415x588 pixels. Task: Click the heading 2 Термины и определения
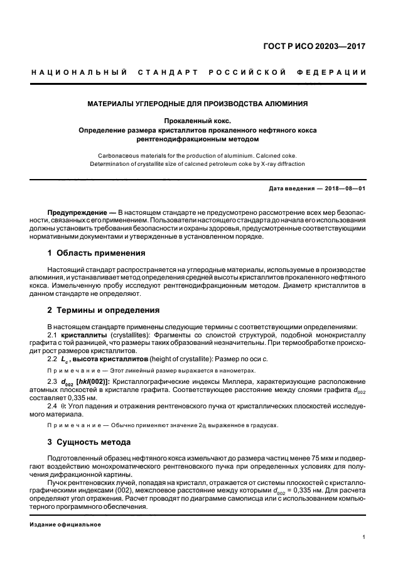[104, 310]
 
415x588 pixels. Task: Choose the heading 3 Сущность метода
[89, 442]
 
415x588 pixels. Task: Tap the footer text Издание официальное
[66, 524]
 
